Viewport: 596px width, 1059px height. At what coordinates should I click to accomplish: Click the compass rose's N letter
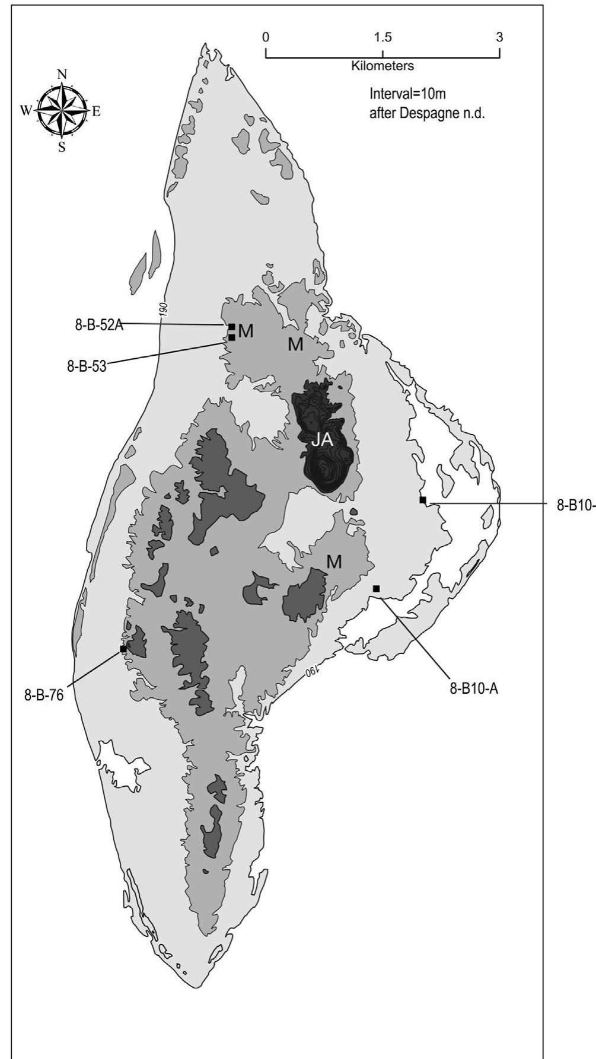[x=62, y=75]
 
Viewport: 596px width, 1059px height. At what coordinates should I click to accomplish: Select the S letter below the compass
[x=62, y=148]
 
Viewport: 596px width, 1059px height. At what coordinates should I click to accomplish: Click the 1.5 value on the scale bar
[x=383, y=37]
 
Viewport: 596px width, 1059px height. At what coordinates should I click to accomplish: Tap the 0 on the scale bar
[x=266, y=37]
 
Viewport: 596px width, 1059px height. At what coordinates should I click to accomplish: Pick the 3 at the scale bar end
[x=499, y=37]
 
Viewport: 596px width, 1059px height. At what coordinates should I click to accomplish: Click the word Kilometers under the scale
[x=383, y=66]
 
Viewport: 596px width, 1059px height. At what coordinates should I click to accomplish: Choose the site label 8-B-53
[x=87, y=366]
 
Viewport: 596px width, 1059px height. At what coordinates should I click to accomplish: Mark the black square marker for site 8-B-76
[x=123, y=649]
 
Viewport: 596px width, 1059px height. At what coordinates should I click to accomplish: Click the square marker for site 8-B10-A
[x=377, y=588]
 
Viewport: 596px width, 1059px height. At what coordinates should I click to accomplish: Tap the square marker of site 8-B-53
[x=232, y=337]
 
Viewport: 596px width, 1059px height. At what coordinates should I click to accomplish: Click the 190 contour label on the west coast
[x=162, y=309]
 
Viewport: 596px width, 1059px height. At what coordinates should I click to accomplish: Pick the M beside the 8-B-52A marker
[x=246, y=331]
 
